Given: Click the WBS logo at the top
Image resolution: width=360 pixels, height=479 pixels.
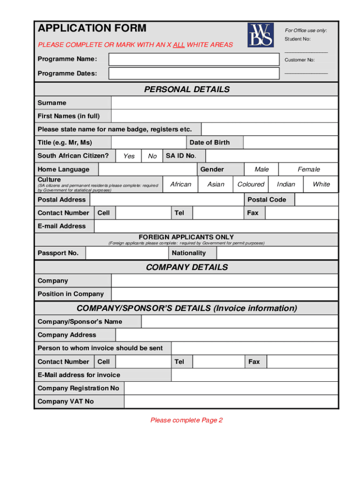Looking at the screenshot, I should point(260,35).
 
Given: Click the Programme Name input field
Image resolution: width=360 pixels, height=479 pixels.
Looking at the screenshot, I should point(193,59).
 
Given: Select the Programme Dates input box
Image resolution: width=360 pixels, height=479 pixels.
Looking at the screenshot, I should point(193,73).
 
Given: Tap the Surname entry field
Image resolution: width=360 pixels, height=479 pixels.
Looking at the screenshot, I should point(224,103).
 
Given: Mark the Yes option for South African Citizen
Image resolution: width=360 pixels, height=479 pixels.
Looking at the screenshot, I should point(129,156).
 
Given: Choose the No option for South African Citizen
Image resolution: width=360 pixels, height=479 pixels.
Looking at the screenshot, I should point(152,156).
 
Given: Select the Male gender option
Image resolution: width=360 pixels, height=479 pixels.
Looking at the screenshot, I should point(261,169).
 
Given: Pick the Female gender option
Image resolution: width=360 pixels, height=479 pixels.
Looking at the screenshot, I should point(309,169).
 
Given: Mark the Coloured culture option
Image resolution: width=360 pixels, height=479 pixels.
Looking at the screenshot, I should point(251,184).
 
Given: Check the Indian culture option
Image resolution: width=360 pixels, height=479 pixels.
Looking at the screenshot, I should point(286,184).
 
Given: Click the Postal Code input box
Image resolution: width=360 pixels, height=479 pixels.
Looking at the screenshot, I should point(317,200).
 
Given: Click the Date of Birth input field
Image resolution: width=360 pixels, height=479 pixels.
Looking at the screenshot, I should point(290,143).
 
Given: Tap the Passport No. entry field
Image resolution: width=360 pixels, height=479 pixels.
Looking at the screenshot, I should point(127,253).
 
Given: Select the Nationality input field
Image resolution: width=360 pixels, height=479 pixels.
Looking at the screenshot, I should point(277,253).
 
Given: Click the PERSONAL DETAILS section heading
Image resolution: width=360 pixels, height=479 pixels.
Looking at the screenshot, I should point(187,89).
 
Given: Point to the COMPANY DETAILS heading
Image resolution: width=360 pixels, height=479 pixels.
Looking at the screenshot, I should point(187,267).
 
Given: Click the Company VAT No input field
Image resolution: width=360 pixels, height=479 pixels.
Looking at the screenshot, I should point(231,401).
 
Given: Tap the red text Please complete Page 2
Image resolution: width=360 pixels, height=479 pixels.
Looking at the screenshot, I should point(187,420).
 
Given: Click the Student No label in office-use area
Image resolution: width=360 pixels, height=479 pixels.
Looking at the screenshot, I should point(297,39).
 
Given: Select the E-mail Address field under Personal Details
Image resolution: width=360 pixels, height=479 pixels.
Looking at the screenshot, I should point(216,226).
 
